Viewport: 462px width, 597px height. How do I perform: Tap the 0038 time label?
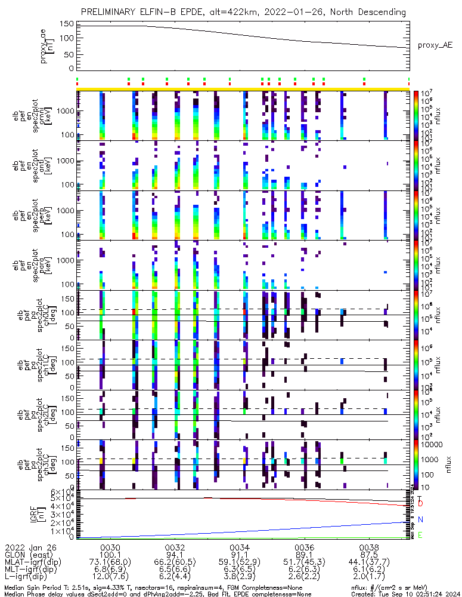(x=370, y=547)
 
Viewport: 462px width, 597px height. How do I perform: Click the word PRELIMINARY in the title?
(x=111, y=12)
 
